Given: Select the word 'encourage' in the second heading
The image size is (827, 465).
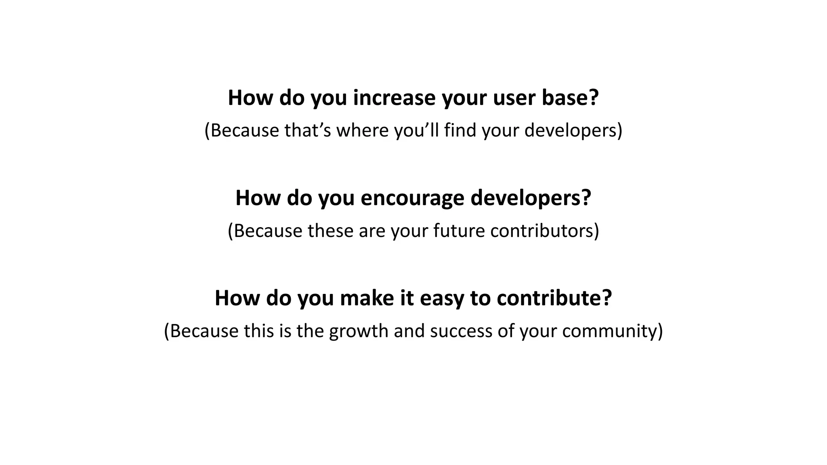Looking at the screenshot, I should point(412,198).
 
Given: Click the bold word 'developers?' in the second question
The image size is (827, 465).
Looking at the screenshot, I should point(531,198).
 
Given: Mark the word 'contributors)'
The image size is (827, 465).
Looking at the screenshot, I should point(545,231).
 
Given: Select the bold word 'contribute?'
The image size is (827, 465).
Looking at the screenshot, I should point(554,298).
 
